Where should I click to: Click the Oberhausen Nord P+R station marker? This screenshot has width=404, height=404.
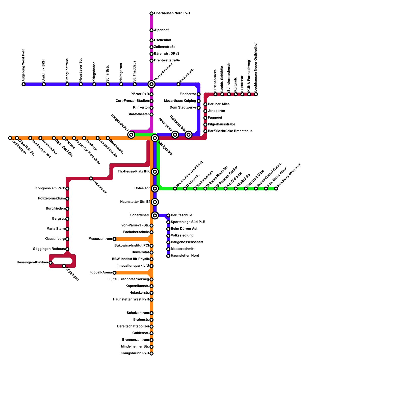tap(151, 13)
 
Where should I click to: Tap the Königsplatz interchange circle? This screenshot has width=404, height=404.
tap(155, 138)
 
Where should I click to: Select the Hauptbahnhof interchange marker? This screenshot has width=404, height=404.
tap(131, 135)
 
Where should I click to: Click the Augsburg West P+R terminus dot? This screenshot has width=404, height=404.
tap(23, 84)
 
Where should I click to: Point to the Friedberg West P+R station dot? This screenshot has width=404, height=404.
tap(276, 189)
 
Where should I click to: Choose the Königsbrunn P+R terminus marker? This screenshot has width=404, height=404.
tap(151, 353)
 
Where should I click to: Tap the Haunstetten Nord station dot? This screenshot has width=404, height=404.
tap(168, 256)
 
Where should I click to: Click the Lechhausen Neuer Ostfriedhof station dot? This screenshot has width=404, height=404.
tap(256, 94)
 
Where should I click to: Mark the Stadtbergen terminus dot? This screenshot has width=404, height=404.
tap(10, 138)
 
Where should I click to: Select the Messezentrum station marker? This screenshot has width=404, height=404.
tap(114, 239)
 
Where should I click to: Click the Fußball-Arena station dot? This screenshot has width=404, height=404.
tap(114, 273)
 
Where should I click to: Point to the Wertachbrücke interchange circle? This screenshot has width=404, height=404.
tap(151, 84)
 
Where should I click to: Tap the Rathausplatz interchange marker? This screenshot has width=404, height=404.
tap(188, 135)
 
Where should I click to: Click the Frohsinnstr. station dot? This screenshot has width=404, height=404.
tap(91, 179)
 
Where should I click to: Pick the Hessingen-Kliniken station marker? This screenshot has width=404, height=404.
tap(50, 263)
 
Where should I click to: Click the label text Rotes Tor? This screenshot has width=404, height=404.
tap(142, 188)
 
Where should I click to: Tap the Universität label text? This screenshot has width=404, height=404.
tap(140, 252)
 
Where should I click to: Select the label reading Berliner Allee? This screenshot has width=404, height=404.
tap(219, 104)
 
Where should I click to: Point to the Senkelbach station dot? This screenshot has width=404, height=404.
tap(178, 84)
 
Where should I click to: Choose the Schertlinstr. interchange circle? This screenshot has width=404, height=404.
tap(155, 215)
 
